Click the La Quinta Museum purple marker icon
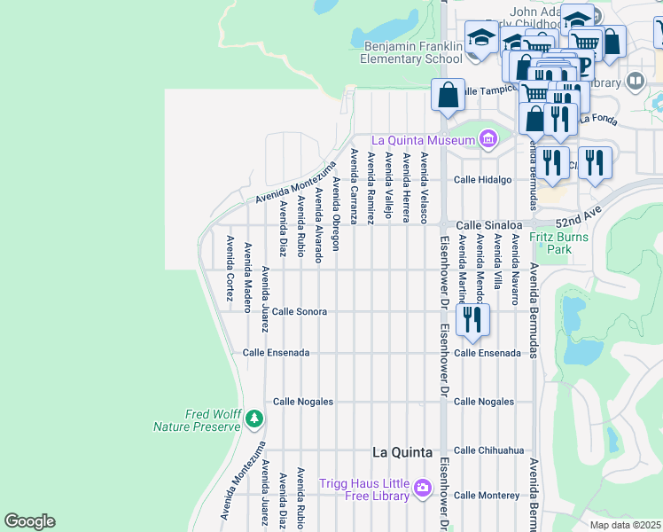coord(487,139)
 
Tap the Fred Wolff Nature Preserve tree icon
coord(254,417)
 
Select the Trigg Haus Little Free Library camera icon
coord(422,487)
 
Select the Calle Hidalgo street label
coord(483,180)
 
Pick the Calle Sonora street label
coord(300,312)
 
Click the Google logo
coord(29,521)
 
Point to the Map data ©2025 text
coord(625,525)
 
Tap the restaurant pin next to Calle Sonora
coord(472,320)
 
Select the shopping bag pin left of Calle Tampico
coord(448,94)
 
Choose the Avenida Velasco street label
coord(425,187)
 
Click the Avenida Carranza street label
coord(354,186)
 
